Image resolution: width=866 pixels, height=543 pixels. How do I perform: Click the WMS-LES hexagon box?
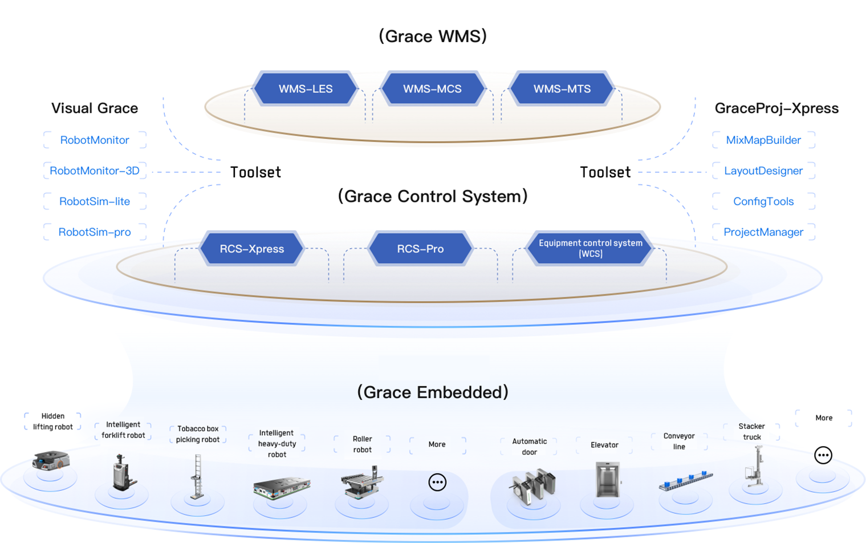click(x=306, y=88)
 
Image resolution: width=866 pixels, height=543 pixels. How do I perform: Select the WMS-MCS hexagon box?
click(x=432, y=88)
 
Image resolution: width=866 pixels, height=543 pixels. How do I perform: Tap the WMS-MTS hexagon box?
click(x=562, y=88)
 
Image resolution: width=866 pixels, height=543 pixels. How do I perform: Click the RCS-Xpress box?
click(x=251, y=249)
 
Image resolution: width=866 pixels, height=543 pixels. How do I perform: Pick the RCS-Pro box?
click(x=420, y=249)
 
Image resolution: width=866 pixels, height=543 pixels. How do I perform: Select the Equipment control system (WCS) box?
click(x=590, y=248)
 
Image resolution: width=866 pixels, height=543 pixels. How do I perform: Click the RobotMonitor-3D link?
click(x=95, y=171)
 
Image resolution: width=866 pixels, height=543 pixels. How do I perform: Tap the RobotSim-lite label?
click(x=95, y=201)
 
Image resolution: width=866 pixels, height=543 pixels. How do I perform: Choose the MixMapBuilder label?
click(x=763, y=140)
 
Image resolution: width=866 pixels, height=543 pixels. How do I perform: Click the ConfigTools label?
click(x=763, y=201)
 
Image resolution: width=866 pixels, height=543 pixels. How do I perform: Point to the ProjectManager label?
click(x=763, y=232)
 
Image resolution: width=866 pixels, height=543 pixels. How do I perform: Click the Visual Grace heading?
click(x=95, y=108)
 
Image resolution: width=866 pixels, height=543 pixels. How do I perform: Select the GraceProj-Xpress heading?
click(x=776, y=108)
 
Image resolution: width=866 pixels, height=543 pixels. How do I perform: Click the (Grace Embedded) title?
click(x=433, y=392)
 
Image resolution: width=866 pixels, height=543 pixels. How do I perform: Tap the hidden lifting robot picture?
click(x=51, y=460)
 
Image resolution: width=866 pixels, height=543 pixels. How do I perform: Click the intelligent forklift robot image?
click(x=123, y=472)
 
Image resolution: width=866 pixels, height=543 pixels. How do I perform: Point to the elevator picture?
click(x=607, y=480)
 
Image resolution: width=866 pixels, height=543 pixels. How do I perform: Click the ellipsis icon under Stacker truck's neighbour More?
click(x=823, y=455)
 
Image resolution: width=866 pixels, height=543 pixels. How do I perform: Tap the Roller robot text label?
click(x=362, y=444)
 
